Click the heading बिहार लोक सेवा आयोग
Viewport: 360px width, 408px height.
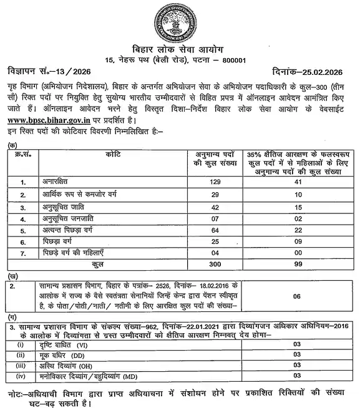[180, 49]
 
